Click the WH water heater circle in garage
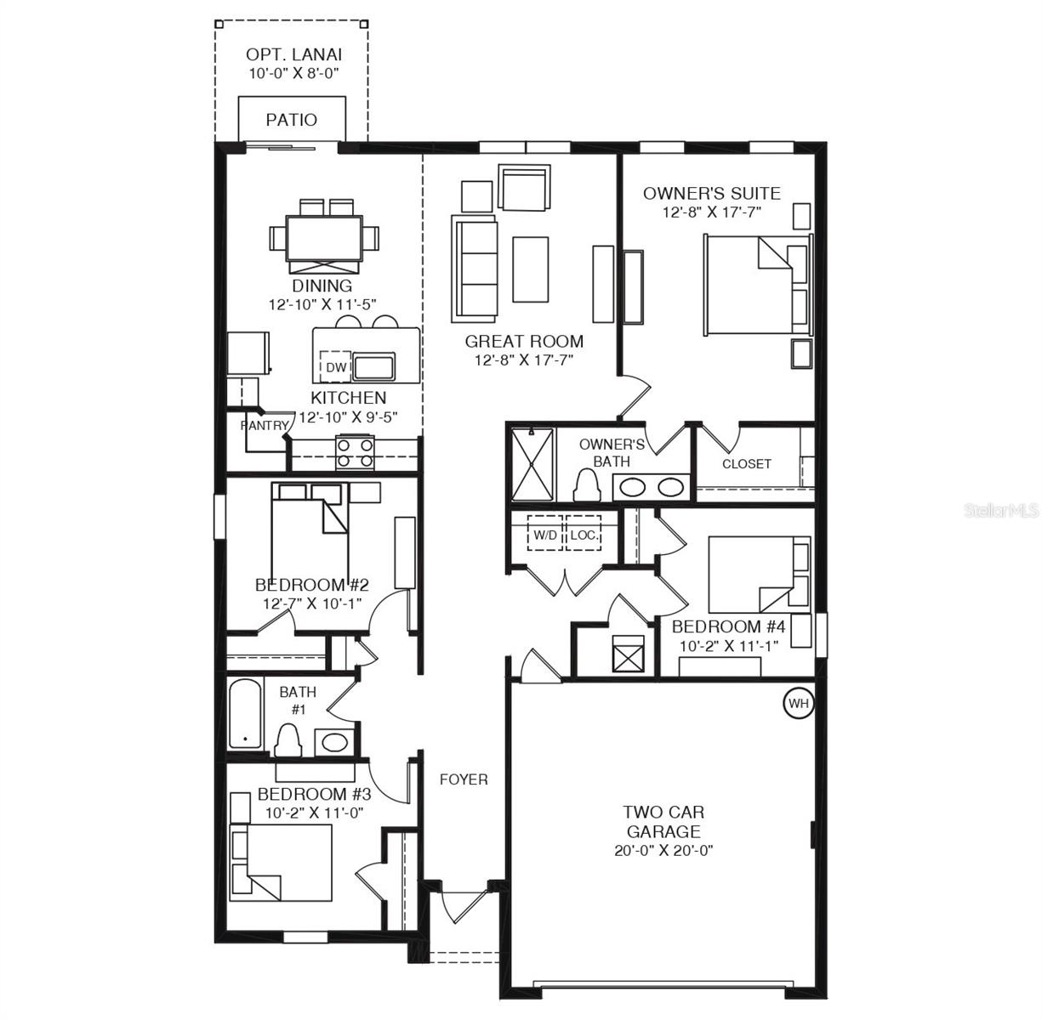(x=798, y=703)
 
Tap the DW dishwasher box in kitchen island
(x=337, y=367)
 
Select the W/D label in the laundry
(x=544, y=535)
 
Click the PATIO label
(x=292, y=120)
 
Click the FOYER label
(x=464, y=779)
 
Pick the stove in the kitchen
(x=356, y=452)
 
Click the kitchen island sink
(x=373, y=367)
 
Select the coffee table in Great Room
(x=530, y=269)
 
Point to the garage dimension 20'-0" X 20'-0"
(x=663, y=850)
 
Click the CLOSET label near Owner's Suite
(x=746, y=463)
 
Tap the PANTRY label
(x=264, y=425)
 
